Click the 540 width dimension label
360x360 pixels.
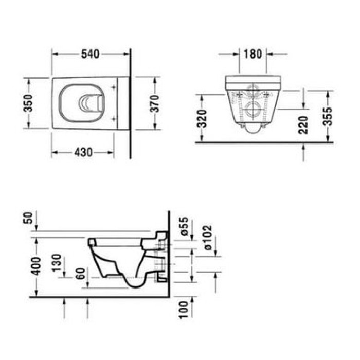tap(91, 54)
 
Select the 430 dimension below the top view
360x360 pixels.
tap(83, 152)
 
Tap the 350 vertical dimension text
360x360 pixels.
tap(29, 103)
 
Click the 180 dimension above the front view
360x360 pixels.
tap(253, 54)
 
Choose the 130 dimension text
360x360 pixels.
tap(58, 263)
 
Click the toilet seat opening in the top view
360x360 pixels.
tap(82, 102)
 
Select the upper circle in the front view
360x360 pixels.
tap(253, 92)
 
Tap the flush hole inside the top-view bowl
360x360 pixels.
tap(89, 102)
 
